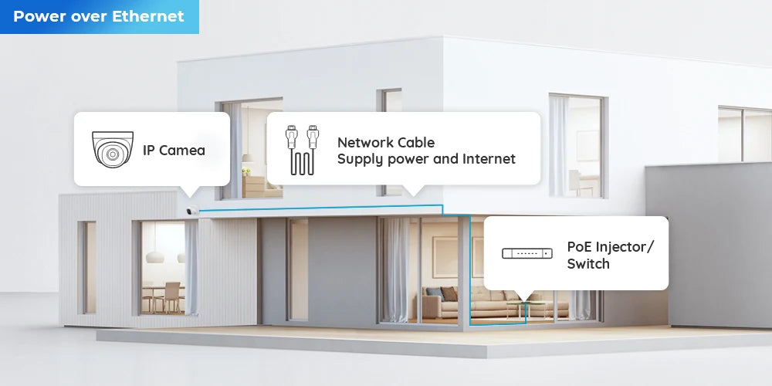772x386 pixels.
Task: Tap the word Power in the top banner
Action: click(x=38, y=16)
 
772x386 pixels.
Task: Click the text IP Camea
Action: click(x=174, y=150)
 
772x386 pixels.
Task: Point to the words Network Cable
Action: click(x=385, y=142)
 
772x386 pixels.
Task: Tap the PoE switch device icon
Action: click(x=527, y=253)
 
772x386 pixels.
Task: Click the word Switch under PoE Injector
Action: click(x=588, y=264)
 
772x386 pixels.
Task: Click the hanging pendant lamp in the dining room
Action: click(x=154, y=255)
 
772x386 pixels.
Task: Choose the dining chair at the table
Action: click(x=171, y=296)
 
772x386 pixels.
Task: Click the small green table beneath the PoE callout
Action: click(x=525, y=308)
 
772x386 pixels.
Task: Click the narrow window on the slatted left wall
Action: click(x=87, y=266)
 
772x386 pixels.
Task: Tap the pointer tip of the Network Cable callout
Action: click(x=414, y=194)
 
